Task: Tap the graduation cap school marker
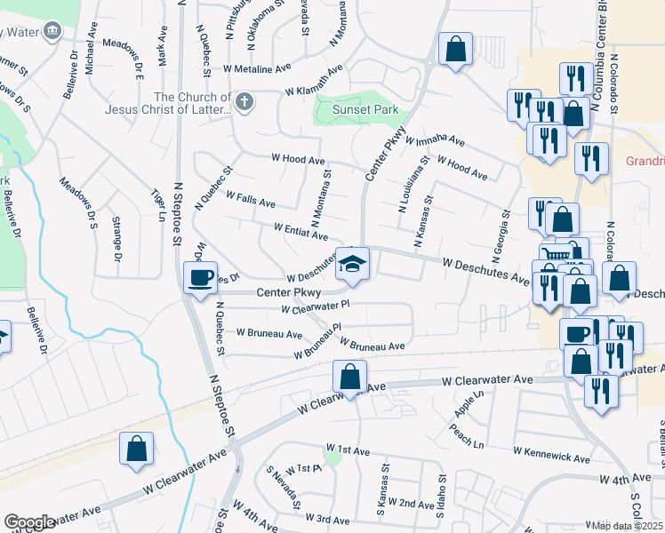click(x=353, y=265)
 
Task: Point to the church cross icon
click(x=244, y=102)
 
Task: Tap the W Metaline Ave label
click(x=258, y=68)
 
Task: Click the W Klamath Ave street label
click(x=313, y=81)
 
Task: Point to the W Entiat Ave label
click(x=301, y=233)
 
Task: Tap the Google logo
click(x=29, y=522)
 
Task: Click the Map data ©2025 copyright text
click(x=628, y=526)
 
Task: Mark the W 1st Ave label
click(x=348, y=451)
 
